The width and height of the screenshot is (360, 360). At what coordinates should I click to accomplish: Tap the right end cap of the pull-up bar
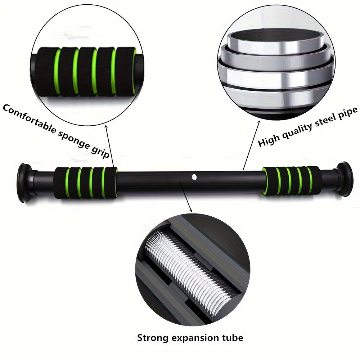coord(344,179)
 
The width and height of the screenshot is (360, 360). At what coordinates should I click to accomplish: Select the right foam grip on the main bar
coord(291,180)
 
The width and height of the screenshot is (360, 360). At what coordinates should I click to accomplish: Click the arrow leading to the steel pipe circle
coord(252,144)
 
